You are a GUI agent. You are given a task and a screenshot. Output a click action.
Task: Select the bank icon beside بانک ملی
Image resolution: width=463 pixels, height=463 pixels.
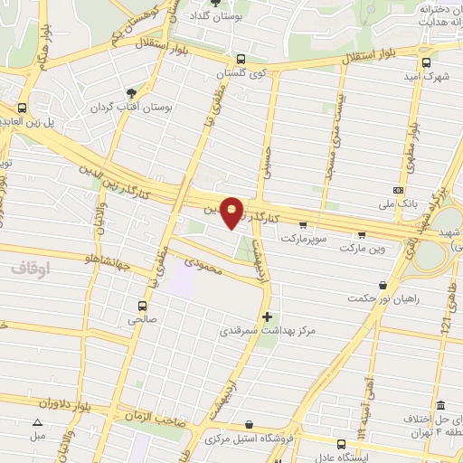pos(400,190)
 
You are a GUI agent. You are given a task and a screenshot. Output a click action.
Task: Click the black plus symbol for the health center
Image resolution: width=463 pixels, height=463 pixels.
pos(266,317)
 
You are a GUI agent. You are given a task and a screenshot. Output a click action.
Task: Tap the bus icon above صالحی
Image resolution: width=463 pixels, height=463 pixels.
pos(140,306)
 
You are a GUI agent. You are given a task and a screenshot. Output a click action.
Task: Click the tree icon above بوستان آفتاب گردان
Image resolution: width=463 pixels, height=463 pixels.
pos(132,93)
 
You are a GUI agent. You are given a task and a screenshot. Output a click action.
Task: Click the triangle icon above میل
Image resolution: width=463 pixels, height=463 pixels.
pos(37,422)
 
